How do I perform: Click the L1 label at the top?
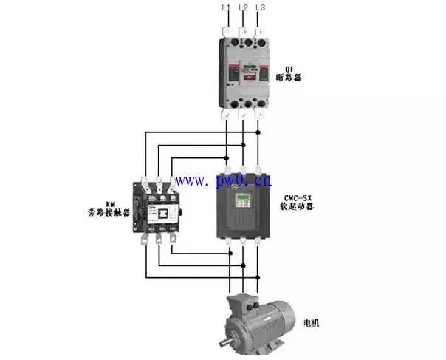(227, 7)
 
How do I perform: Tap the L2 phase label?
(243, 7)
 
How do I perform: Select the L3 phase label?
(259, 7)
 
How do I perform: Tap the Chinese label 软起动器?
(299, 207)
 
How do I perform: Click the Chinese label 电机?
(313, 323)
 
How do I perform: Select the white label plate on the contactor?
(154, 210)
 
